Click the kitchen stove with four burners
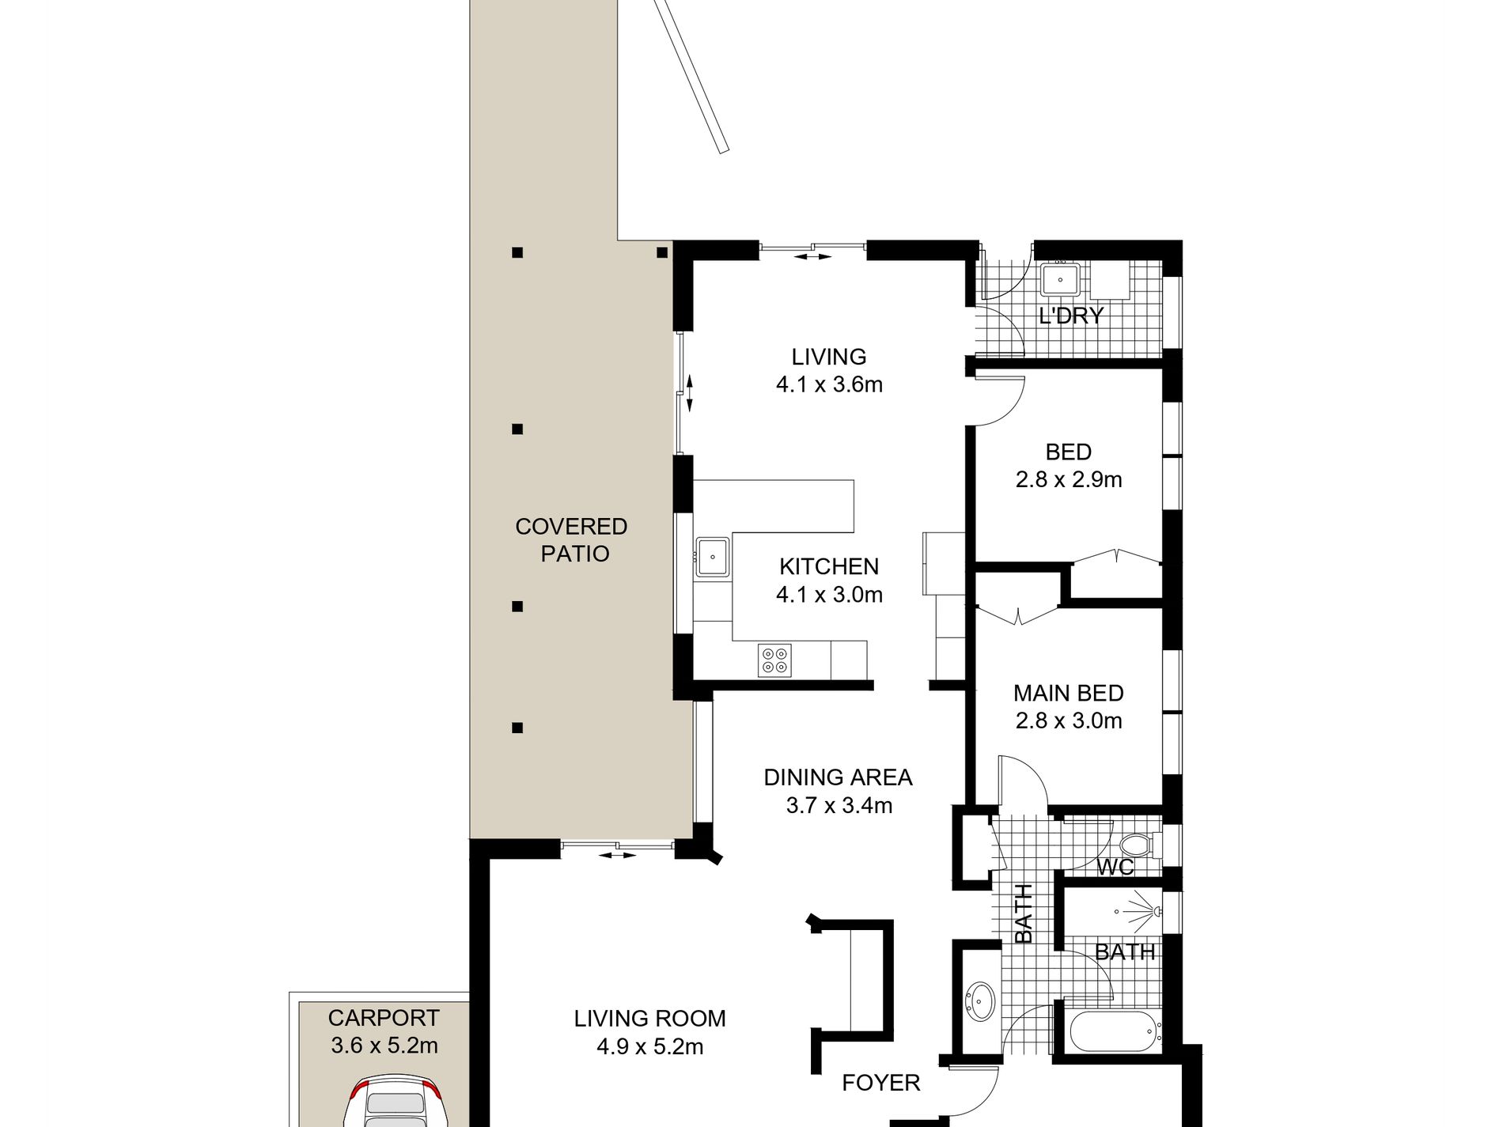774,660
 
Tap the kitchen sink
713,557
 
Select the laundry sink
1060,280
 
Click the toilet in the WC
1142,844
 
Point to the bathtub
1115,1032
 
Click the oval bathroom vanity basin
981,1002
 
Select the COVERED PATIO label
572,540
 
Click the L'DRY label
1071,316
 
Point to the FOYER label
881,1083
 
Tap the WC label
1115,867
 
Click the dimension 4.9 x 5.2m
650,1047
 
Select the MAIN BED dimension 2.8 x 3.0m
1069,720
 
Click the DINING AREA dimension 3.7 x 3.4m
839,806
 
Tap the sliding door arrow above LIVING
813,256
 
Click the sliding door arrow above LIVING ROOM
618,855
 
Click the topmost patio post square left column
517,253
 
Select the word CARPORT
384,1018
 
